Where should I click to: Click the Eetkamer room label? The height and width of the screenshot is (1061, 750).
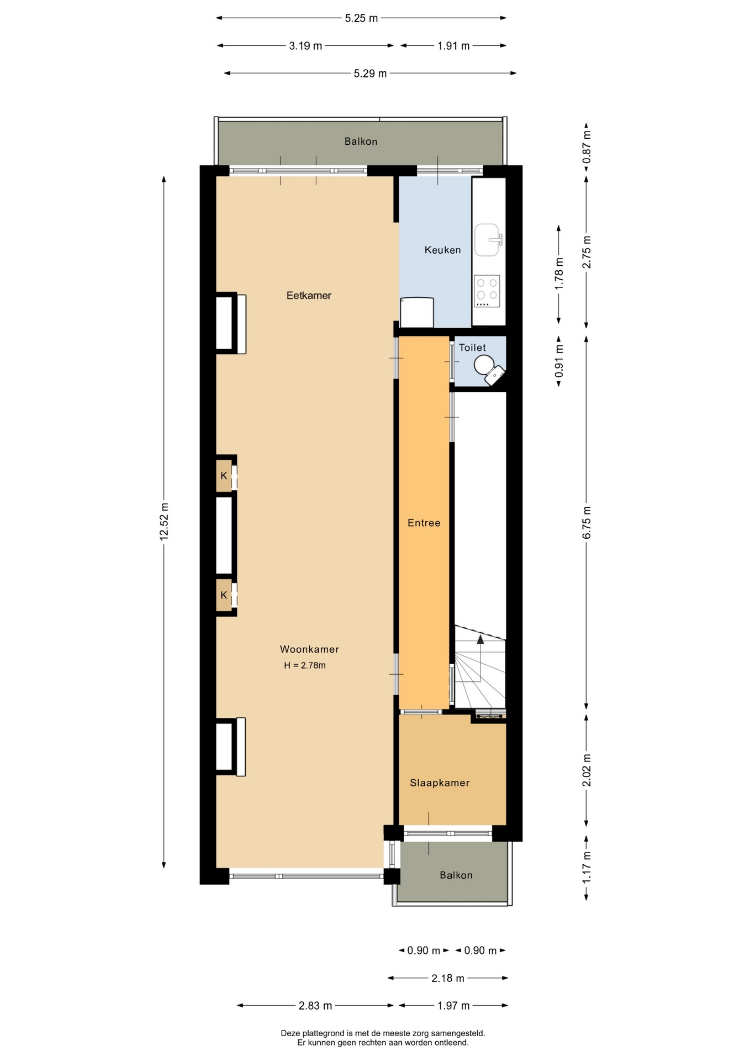[309, 296]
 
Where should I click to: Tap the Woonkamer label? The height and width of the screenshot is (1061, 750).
[309, 649]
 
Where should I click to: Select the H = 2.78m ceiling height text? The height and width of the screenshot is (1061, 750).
[305, 665]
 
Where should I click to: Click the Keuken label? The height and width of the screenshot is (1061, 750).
[442, 250]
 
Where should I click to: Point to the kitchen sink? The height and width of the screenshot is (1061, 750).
[487, 240]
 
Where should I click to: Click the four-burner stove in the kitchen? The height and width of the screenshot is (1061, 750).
[487, 291]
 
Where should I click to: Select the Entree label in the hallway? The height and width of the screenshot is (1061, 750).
[424, 523]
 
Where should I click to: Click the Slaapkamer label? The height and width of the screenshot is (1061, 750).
[440, 782]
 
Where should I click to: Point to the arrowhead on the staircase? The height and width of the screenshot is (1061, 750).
[480, 639]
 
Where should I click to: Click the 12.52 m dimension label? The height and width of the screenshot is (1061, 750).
[164, 522]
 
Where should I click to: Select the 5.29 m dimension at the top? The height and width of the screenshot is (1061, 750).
[370, 73]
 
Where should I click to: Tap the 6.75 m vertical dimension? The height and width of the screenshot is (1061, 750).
[587, 523]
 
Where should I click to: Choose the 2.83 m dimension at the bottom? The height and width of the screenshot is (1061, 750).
[315, 1006]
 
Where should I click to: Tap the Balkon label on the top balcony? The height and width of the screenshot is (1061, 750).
[361, 141]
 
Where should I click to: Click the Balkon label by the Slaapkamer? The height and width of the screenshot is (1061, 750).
[456, 875]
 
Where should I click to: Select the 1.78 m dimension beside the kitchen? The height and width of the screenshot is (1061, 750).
[559, 274]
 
